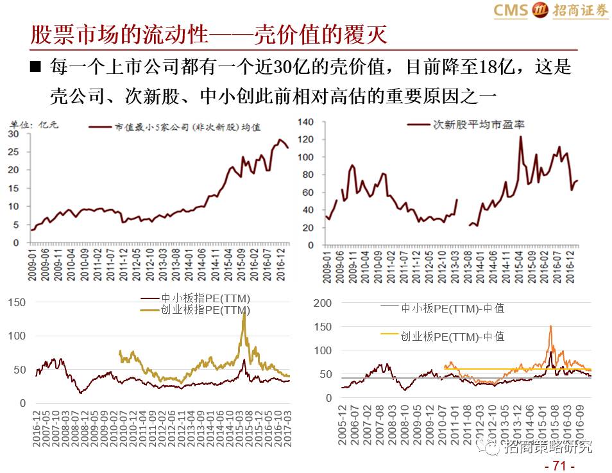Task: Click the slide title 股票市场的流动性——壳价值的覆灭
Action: (x=209, y=35)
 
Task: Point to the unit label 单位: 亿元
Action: (x=33, y=126)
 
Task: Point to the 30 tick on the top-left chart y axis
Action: (x=13, y=134)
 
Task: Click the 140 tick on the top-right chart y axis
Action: (x=305, y=122)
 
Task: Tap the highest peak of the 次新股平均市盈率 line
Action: (x=520, y=136)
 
